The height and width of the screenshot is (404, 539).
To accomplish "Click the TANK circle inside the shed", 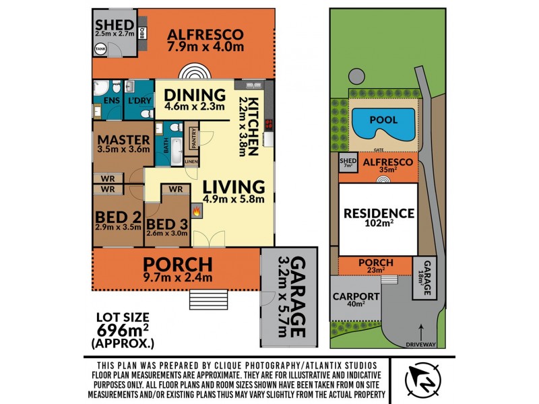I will [101, 49].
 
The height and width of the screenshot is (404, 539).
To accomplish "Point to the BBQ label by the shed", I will [143, 31].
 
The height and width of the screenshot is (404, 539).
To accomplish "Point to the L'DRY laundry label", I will [140, 101].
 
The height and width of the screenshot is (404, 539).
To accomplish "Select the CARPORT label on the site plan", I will [356, 296].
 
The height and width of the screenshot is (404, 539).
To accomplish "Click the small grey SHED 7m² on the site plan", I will [347, 164].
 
